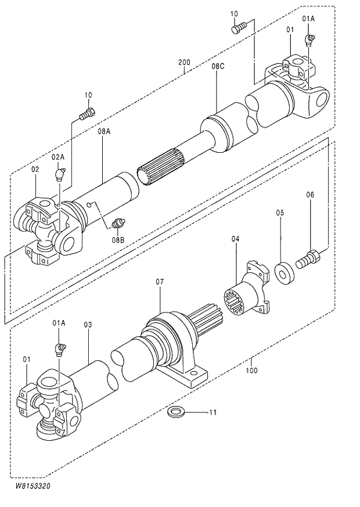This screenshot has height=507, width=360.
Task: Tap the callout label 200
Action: pyautogui.click(x=184, y=63)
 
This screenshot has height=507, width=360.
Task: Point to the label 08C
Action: pyautogui.click(x=218, y=67)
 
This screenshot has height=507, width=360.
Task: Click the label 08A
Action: pyautogui.click(x=104, y=132)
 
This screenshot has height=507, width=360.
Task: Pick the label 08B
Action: pyautogui.click(x=118, y=239)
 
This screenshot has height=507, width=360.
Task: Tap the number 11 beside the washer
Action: pyautogui.click(x=213, y=412)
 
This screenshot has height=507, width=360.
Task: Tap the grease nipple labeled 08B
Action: pyautogui.click(x=118, y=224)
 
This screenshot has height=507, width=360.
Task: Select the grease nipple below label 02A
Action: pyautogui.click(x=60, y=174)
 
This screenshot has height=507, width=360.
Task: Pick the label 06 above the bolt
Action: pyautogui.click(x=310, y=195)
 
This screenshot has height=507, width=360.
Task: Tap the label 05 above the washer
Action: pyautogui.click(x=280, y=213)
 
